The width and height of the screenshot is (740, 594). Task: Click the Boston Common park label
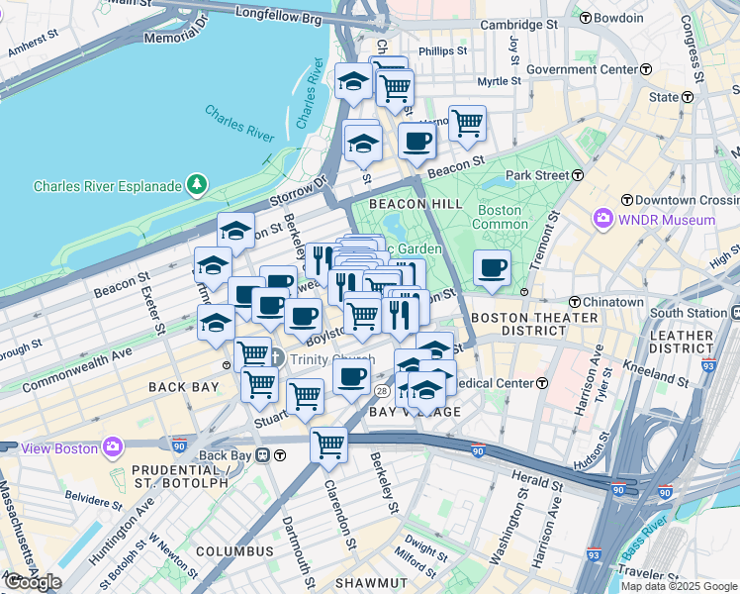coord(500,217)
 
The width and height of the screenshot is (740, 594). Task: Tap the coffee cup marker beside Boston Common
coord(492,267)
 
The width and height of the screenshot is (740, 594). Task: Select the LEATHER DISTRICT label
coord(681,343)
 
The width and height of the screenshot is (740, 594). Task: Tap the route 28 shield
coord(381,392)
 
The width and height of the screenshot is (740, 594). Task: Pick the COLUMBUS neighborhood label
coord(233,550)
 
